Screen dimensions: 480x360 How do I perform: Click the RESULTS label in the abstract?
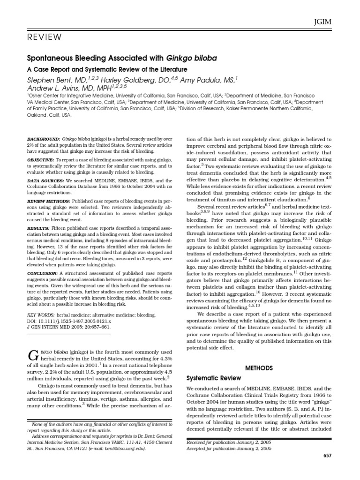[39, 227]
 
